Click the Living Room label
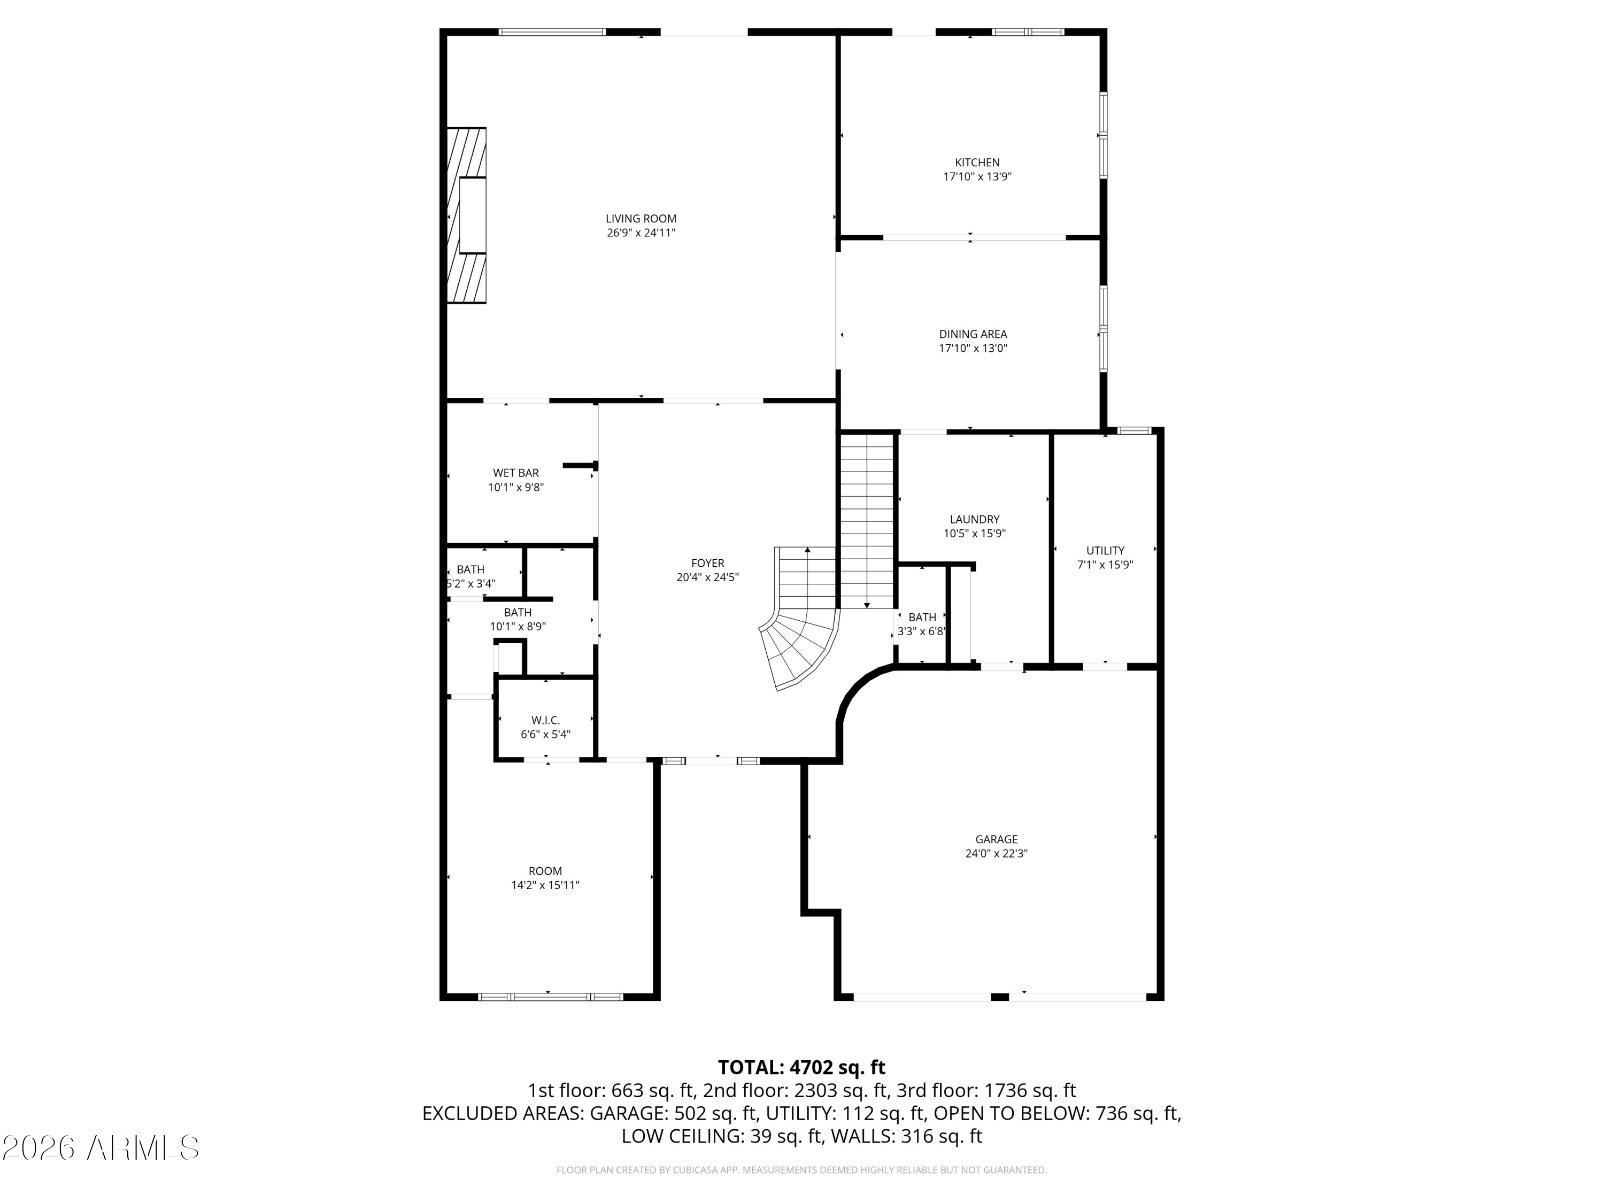click(x=641, y=218)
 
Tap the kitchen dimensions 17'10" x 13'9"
click(x=977, y=176)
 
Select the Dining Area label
click(x=973, y=334)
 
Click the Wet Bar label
click(x=515, y=473)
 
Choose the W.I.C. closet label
click(x=545, y=720)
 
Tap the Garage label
click(x=996, y=839)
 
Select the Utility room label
click(x=1105, y=550)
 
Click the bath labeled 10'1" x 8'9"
click(x=518, y=619)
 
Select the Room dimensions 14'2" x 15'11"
click(x=545, y=885)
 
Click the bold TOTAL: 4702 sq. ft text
click(x=801, y=1067)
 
